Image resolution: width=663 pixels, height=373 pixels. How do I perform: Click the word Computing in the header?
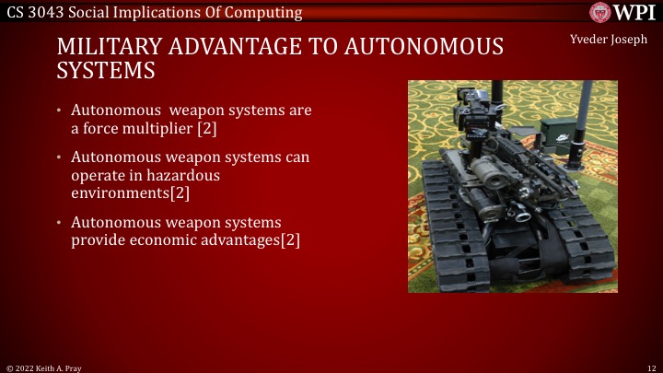267,13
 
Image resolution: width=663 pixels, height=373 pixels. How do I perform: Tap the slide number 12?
651,367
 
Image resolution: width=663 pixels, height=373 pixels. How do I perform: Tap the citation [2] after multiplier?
206,129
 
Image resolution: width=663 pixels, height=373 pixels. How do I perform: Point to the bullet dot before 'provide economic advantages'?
60,223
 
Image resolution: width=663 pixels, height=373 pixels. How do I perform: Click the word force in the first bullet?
104,129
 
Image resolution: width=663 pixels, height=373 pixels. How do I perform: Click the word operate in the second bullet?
98,175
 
